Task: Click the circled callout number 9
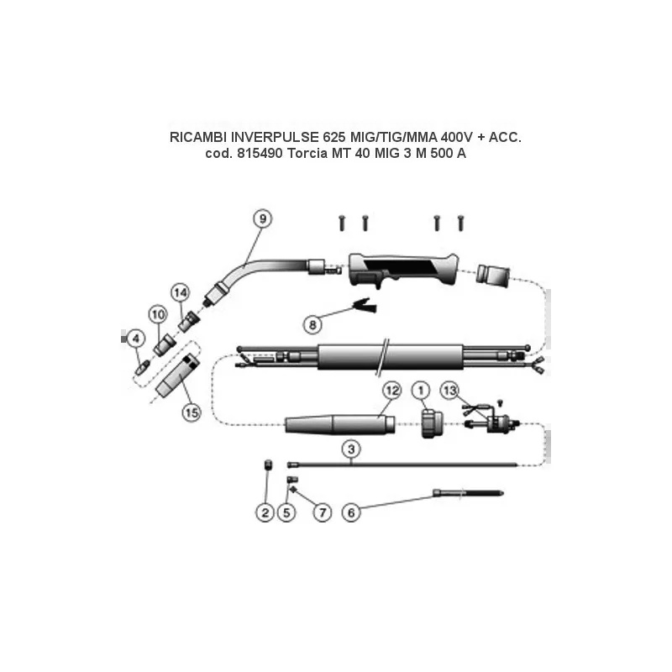(263, 219)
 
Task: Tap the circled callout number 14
(180, 292)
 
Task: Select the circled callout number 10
(158, 315)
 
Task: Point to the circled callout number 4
(136, 339)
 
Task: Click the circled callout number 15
(192, 412)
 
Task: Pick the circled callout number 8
(312, 324)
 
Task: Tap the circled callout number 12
(391, 391)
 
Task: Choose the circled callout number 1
(421, 391)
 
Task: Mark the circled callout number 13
(450, 391)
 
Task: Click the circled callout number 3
(351, 449)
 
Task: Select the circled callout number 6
(351, 512)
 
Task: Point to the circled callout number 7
(323, 512)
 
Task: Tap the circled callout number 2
(265, 512)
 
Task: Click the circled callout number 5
(286, 512)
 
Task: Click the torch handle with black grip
(403, 270)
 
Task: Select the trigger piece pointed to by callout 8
(365, 305)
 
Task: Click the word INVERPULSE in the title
(275, 137)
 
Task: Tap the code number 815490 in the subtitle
(260, 153)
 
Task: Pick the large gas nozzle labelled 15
(177, 375)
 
